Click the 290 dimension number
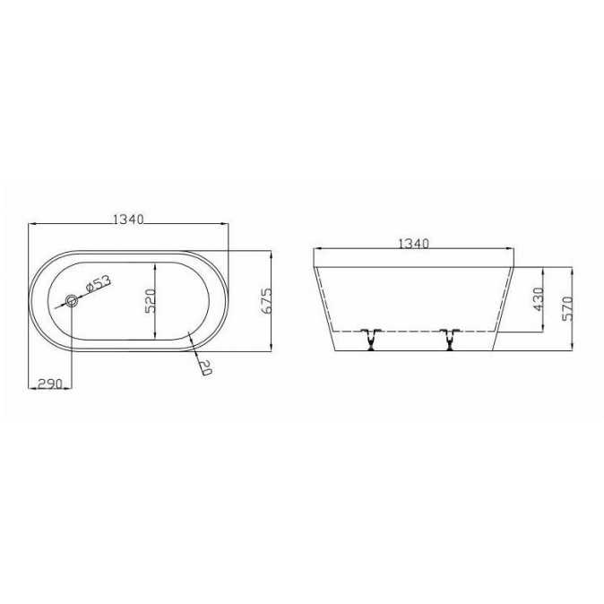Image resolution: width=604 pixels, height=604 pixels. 49,384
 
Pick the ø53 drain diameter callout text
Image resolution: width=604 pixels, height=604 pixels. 98,284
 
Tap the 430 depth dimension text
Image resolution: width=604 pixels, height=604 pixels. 539,299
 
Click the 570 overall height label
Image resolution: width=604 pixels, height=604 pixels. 566,308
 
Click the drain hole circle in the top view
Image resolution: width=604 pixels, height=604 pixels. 72,302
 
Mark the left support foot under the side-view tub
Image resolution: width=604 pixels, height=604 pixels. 368,340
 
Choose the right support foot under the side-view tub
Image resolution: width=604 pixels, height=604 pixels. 447,340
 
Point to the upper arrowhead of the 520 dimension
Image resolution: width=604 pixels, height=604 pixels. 157,265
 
